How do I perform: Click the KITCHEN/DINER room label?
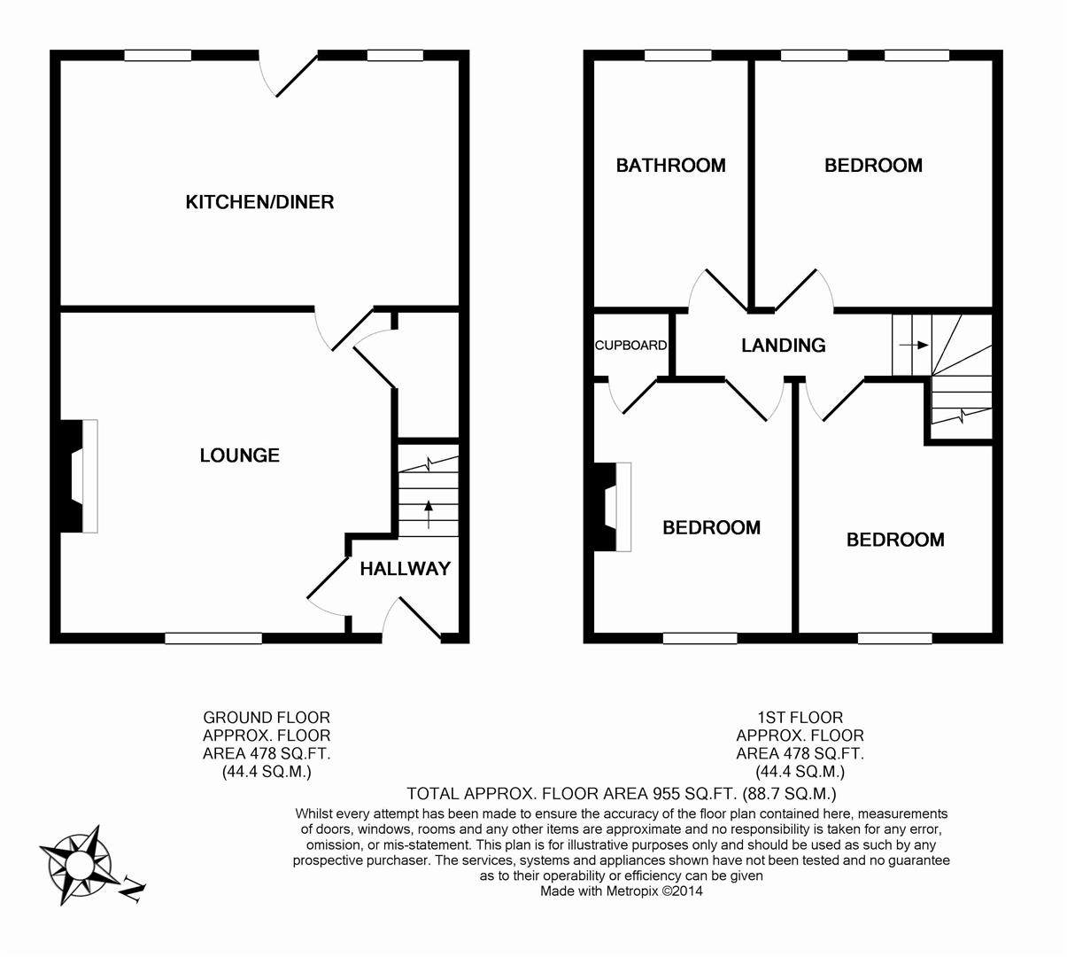click(259, 202)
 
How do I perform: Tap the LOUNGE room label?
click(239, 455)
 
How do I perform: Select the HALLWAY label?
click(405, 569)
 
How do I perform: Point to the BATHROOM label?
click(670, 166)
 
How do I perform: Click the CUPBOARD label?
click(630, 346)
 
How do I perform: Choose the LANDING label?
click(783, 346)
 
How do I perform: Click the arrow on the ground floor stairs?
click(429, 513)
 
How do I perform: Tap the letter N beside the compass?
click(132, 888)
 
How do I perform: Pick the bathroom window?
click(677, 56)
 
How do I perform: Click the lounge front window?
click(213, 637)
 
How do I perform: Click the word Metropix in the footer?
click(632, 891)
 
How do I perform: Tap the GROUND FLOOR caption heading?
click(267, 717)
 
